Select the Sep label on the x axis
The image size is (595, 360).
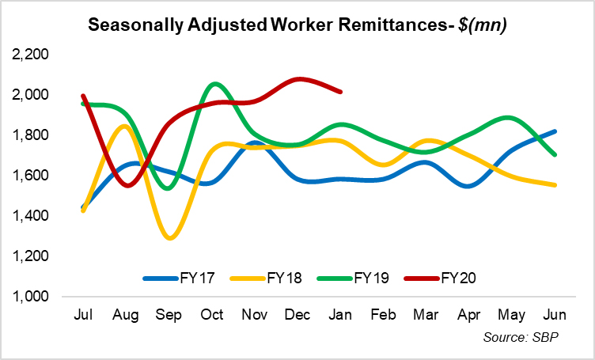(169, 316)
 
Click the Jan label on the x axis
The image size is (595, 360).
(339, 316)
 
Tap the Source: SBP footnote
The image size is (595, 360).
(520, 338)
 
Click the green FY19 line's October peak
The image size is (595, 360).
(214, 83)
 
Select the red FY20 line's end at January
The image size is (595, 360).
(340, 92)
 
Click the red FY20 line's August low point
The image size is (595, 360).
(127, 185)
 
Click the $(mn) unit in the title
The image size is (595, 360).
(479, 24)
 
